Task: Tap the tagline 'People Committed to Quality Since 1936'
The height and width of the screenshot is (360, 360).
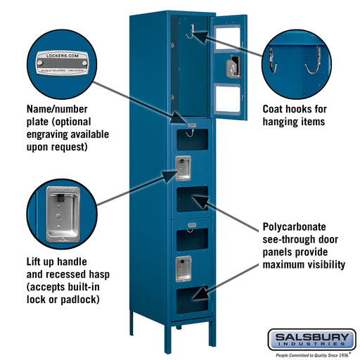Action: [x=311, y=354]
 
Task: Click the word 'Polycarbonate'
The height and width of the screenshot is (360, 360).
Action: [x=294, y=227]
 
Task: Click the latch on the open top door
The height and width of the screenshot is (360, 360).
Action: [x=231, y=67]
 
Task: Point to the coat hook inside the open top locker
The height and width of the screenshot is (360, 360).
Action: [x=189, y=32]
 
